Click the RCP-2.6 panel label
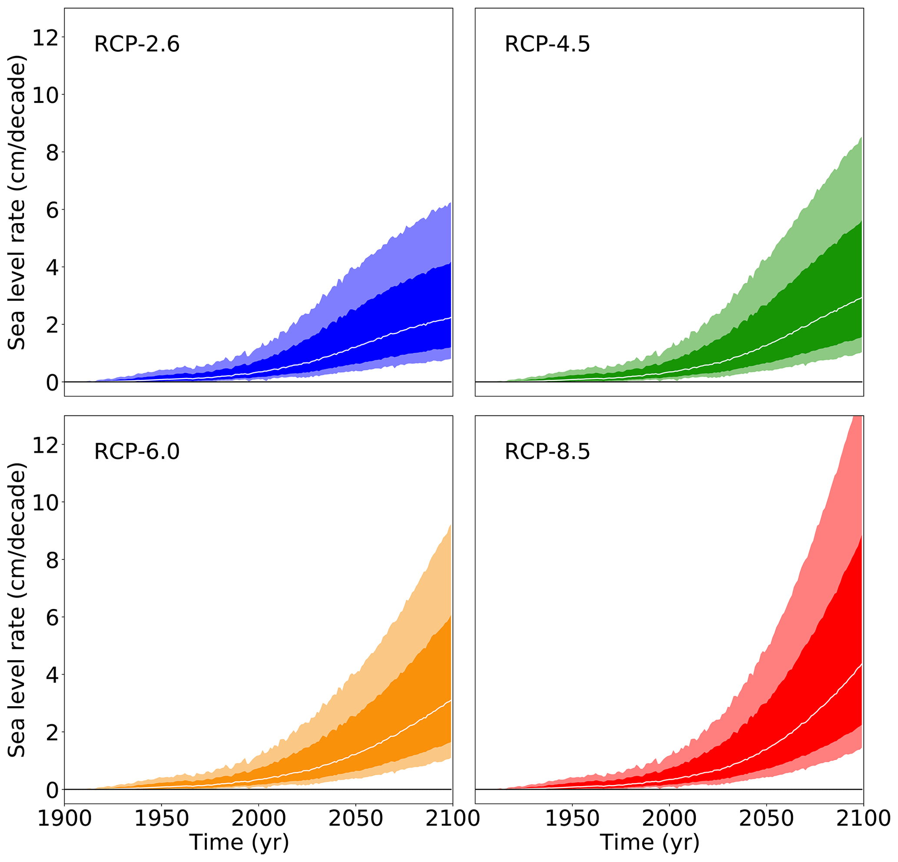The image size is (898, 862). [x=136, y=45]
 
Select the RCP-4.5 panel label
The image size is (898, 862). [x=547, y=45]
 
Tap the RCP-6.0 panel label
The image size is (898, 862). [x=136, y=452]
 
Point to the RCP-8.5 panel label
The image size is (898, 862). [x=547, y=452]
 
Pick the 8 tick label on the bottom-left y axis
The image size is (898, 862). [x=53, y=560]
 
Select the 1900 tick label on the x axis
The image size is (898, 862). [x=64, y=818]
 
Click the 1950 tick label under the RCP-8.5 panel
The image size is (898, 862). [x=572, y=818]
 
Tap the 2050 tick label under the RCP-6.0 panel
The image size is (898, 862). [x=355, y=818]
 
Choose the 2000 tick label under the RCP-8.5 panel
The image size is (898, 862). [x=669, y=818]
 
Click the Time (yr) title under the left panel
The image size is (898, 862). [x=239, y=842]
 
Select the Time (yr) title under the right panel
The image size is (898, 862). [x=649, y=842]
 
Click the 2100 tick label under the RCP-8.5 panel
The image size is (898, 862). [x=863, y=818]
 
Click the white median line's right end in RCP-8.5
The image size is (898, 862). [x=862, y=664]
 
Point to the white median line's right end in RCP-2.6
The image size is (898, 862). [x=451, y=318]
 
